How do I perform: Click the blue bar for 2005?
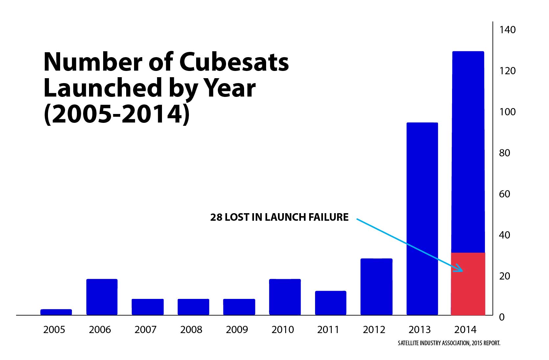(56, 312)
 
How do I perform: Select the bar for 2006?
(102, 297)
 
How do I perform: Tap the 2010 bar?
(285, 297)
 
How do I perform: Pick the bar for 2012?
(376, 287)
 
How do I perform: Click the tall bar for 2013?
(422, 219)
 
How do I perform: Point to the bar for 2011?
(331, 303)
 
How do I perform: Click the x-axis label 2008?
(191, 329)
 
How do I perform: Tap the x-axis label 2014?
(465, 329)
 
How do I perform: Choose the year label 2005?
(54, 329)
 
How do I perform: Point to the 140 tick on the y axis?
(508, 30)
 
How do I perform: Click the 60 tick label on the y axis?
(505, 194)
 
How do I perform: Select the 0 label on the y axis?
(502, 317)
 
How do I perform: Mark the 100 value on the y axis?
(508, 112)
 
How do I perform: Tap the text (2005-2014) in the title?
(117, 114)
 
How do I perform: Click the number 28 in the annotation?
(216, 217)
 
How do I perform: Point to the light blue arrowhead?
(459, 268)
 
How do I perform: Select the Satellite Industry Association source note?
(449, 343)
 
